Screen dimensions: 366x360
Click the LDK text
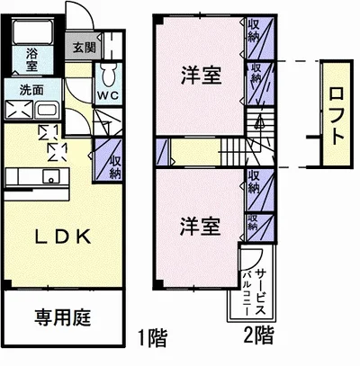click(x=62, y=237)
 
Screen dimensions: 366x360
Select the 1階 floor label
click(x=149, y=338)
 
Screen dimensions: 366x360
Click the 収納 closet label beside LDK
click(x=115, y=165)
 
